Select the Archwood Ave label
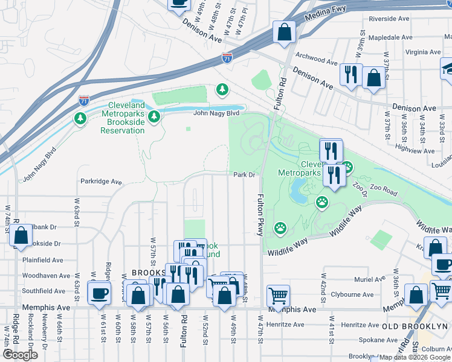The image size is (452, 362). pos(317,61)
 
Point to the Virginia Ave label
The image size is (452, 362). pos(423,52)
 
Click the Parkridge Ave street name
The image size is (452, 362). pos(101,181)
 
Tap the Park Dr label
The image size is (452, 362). pos(245,175)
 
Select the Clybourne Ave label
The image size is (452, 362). pos(352,294)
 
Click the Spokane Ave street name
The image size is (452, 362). pos(378,340)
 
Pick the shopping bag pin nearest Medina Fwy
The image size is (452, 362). pos(284,32)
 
